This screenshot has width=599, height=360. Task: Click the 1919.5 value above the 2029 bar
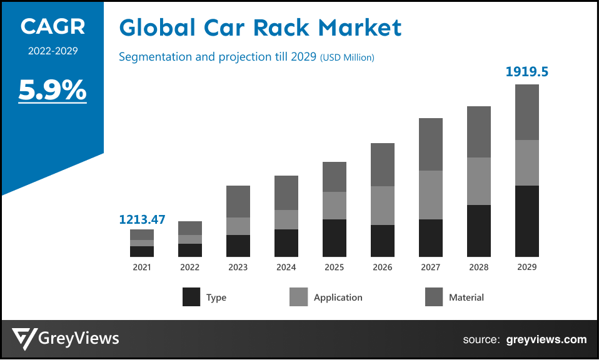point(526,72)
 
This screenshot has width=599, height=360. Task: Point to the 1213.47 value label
point(142,219)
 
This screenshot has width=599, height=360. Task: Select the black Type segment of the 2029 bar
point(526,221)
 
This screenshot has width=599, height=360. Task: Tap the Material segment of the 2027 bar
point(430,144)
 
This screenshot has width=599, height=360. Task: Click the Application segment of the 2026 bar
point(382,206)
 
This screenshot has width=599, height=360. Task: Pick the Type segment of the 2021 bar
point(142,251)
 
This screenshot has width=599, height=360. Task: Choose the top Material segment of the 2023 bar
point(238,201)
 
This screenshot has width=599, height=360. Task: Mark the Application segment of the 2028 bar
point(478,181)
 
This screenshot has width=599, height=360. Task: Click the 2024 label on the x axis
point(286,267)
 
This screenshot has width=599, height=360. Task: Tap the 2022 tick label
point(189,267)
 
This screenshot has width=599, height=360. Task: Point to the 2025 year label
point(334,267)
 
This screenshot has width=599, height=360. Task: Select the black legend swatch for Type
point(191,297)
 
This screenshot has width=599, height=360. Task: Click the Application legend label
point(338,297)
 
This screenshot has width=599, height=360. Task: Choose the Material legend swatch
point(434,297)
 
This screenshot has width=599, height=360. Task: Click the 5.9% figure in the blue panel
point(53,91)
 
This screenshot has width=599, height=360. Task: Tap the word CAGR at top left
point(53,26)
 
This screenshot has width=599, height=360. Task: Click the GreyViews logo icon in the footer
point(24,339)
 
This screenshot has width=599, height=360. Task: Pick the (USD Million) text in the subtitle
point(347,57)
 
